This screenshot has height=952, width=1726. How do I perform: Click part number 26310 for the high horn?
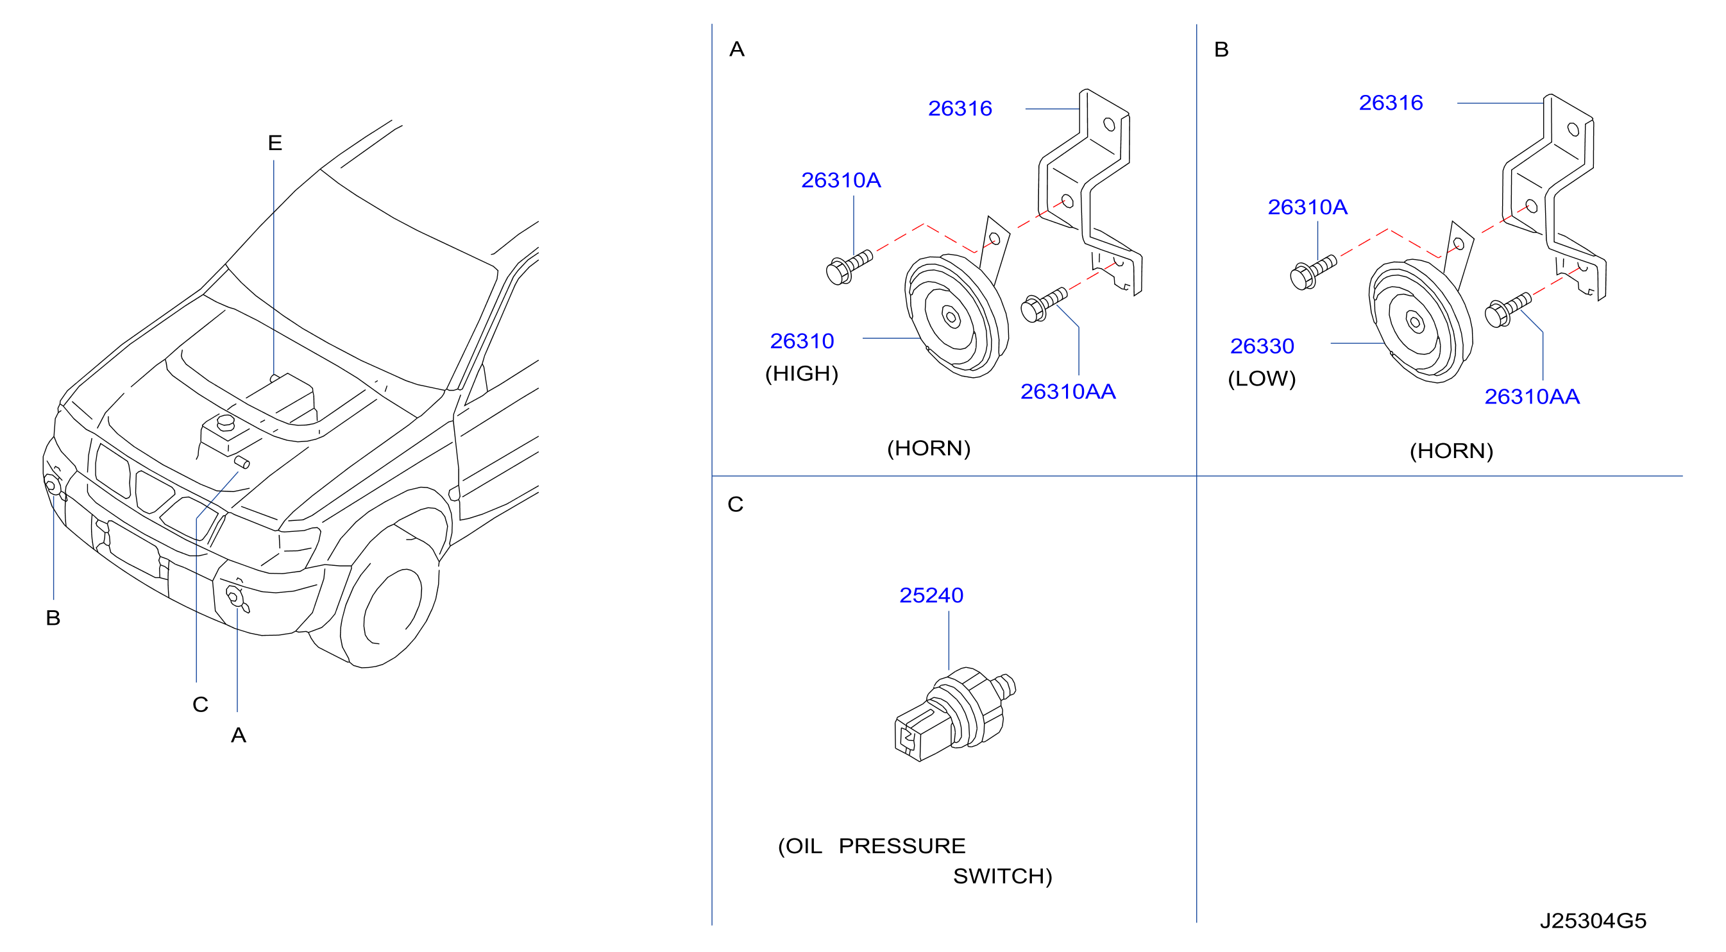pos(801,341)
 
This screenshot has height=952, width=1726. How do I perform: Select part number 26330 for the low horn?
pos(1262,346)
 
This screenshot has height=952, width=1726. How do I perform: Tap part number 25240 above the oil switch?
pos(931,595)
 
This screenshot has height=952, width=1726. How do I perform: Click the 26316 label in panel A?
pos(960,108)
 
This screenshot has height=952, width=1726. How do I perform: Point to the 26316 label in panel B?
pos(1391,103)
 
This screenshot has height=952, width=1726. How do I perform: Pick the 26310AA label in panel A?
pos(1067,391)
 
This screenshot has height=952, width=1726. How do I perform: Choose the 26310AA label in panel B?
pos(1532,396)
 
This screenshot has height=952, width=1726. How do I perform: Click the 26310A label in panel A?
pos(841,180)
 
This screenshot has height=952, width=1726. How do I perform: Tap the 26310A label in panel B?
pos(1307,207)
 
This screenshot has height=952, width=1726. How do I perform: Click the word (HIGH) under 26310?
pos(801,373)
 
